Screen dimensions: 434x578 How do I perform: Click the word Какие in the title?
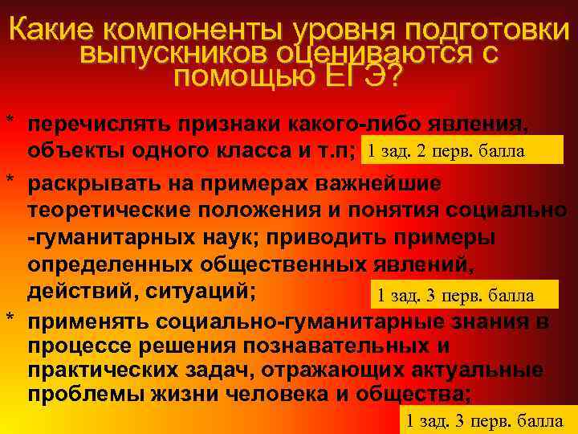55,31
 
